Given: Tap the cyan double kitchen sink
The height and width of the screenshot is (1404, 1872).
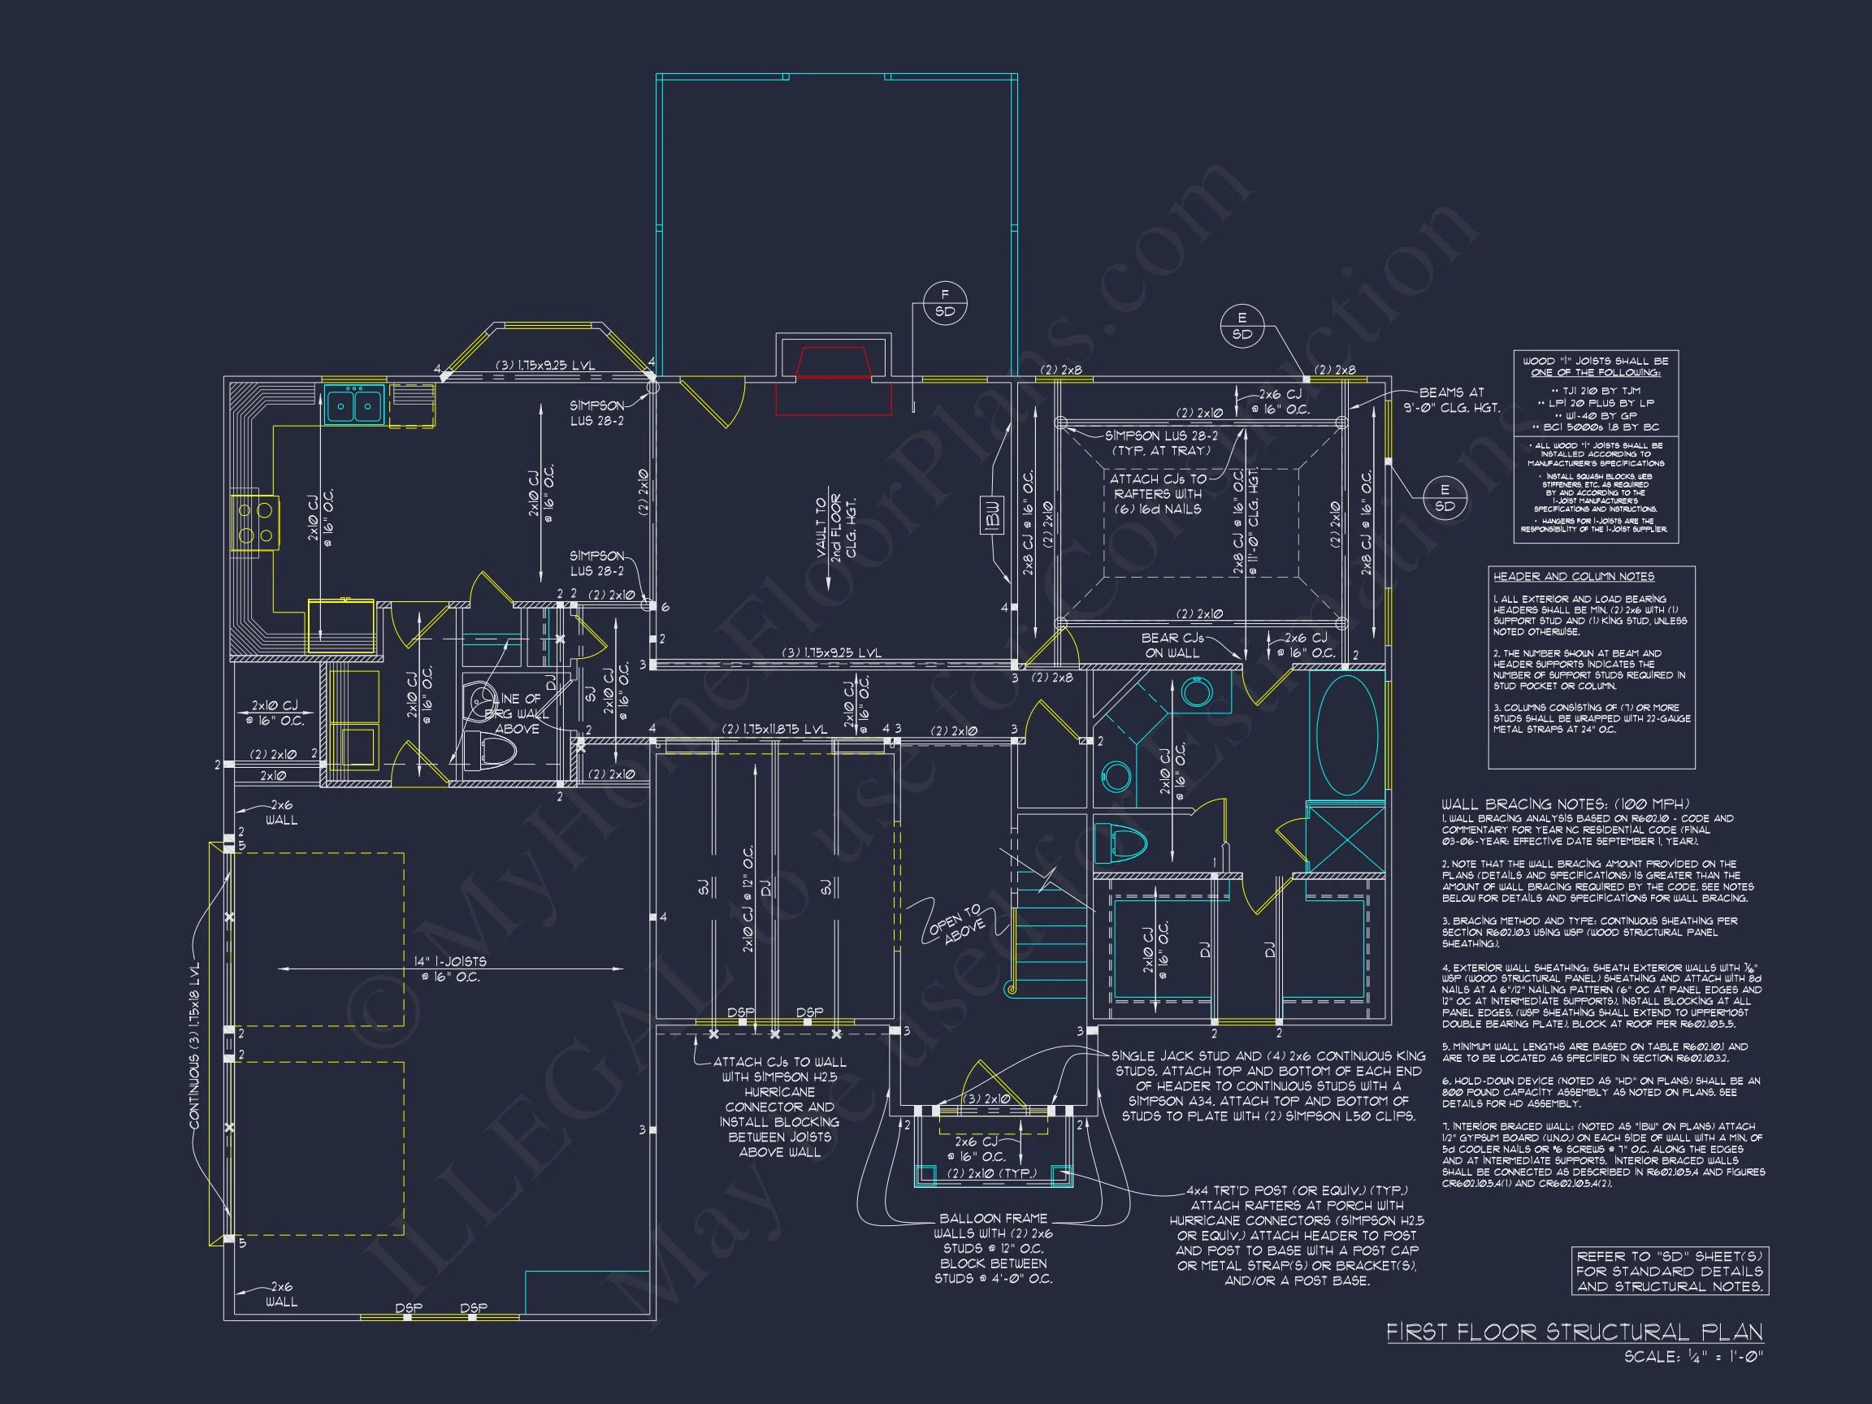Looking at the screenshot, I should click(353, 405).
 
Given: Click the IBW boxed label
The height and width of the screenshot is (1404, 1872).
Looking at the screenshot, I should click(993, 514).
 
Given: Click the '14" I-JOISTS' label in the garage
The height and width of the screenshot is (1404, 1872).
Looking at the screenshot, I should click(451, 969).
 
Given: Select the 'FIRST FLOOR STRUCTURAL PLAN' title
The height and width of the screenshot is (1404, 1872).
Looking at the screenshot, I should click(1574, 1331).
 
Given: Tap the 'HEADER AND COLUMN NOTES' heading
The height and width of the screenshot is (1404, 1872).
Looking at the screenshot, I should click(1573, 576).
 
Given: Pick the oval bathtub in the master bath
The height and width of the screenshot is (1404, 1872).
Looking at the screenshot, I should click(1346, 734).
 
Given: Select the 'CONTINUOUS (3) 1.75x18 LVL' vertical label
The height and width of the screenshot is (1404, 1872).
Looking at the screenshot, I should click(196, 1045).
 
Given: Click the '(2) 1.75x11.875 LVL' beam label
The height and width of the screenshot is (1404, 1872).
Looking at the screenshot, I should click(773, 729).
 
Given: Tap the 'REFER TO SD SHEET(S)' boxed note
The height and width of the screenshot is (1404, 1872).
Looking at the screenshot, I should click(1669, 1271).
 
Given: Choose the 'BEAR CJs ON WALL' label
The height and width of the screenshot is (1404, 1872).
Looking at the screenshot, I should click(1172, 646).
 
